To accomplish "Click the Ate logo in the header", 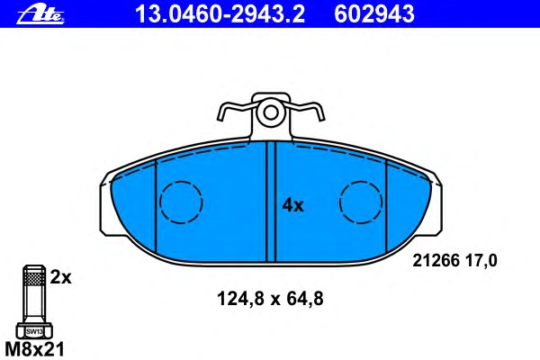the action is click(x=40, y=15).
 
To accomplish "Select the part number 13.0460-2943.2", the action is click(x=220, y=14).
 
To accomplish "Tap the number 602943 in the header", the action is click(x=374, y=14).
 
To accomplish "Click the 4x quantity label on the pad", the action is click(x=292, y=206).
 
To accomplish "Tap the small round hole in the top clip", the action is click(x=271, y=112).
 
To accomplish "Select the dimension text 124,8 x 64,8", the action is click(x=270, y=299).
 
